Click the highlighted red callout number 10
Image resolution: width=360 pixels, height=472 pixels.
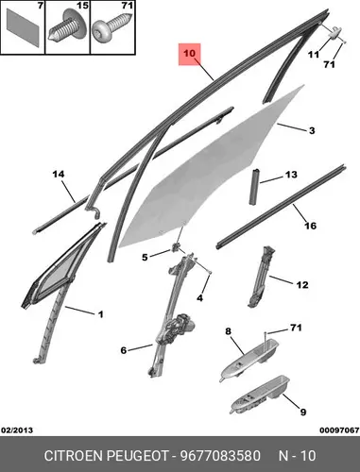[189, 54]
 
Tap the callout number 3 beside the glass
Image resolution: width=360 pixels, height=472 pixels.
[312, 130]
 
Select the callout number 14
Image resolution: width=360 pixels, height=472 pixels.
[59, 174]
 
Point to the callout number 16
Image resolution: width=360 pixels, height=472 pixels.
[310, 226]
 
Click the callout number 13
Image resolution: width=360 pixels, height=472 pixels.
[291, 175]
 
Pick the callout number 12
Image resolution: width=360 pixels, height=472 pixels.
[302, 285]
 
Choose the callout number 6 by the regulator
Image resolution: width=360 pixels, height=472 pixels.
[124, 350]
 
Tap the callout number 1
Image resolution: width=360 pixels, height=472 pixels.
[100, 314]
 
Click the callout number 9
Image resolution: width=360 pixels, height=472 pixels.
[302, 412]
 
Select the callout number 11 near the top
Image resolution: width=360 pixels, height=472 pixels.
[314, 55]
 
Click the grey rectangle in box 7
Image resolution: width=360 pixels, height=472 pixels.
[23, 27]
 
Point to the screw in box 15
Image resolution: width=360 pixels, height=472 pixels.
[67, 27]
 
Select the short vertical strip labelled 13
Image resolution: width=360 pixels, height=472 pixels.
[255, 187]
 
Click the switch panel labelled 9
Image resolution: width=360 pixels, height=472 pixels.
[260, 394]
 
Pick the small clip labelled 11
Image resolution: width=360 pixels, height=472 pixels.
[334, 32]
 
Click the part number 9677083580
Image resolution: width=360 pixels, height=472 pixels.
[220, 456]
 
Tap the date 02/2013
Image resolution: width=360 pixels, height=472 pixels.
[17, 430]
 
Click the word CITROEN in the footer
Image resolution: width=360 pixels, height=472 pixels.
[74, 456]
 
